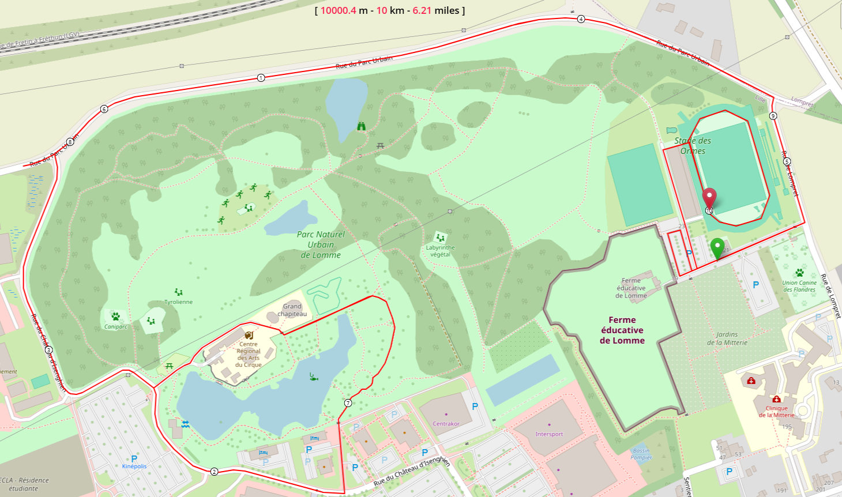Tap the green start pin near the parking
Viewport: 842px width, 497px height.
(x=717, y=248)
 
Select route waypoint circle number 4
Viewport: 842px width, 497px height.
(x=581, y=19)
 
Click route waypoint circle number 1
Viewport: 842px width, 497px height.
(x=261, y=78)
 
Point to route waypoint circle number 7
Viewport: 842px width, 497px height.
(x=348, y=403)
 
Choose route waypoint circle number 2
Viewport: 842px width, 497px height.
(x=215, y=472)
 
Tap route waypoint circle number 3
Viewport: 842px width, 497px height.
(x=48, y=350)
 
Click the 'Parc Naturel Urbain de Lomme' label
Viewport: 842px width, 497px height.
(x=321, y=244)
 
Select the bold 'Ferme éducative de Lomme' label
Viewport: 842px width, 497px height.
(x=622, y=330)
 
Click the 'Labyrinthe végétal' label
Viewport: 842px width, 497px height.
(x=440, y=251)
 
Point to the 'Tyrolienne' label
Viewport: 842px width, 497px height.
(x=178, y=302)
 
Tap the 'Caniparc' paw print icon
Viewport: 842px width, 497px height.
(x=116, y=317)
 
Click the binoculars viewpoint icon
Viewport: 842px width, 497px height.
(x=361, y=126)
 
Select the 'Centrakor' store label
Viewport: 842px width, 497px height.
(x=446, y=424)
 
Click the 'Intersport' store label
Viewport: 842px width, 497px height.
(x=549, y=434)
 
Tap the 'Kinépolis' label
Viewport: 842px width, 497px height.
(x=134, y=466)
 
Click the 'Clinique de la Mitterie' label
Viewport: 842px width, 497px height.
(x=776, y=411)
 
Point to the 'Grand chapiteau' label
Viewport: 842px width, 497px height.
(x=292, y=310)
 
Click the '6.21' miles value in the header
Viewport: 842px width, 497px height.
(x=422, y=10)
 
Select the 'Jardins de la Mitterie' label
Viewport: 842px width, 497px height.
(x=727, y=338)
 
